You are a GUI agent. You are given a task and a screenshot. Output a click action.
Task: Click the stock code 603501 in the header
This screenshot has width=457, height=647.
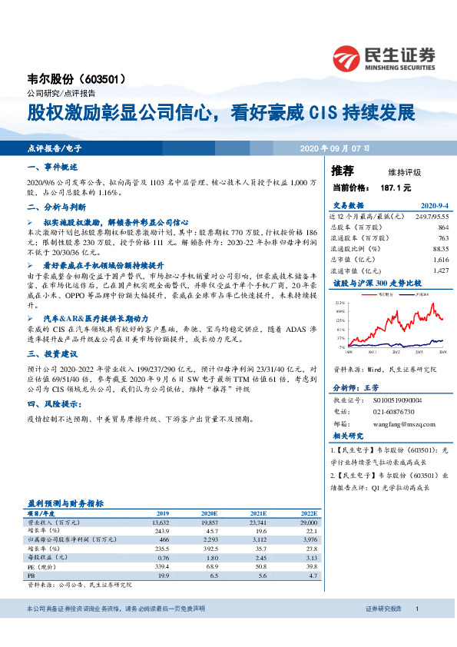coord(118,79)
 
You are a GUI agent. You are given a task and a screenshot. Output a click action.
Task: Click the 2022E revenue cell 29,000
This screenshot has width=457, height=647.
coord(307,521)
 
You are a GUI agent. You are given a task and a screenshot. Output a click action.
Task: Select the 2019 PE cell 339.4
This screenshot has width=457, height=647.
coord(162,564)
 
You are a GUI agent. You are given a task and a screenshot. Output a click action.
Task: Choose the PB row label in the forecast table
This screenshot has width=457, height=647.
coord(31,574)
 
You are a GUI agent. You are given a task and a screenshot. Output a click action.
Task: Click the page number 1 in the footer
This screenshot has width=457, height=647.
coord(416,630)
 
